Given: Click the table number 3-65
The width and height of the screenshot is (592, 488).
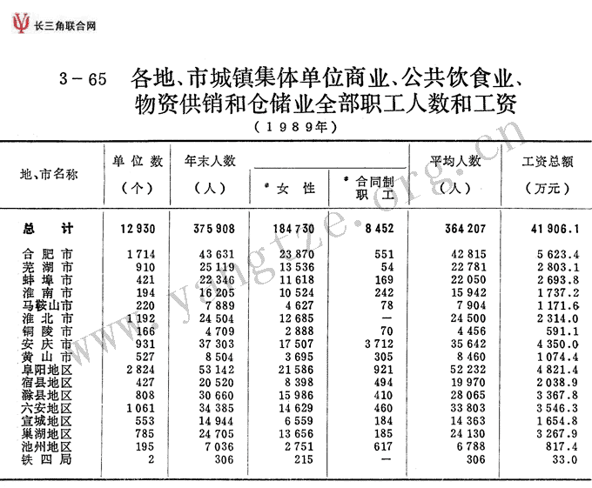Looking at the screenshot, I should click(84, 79).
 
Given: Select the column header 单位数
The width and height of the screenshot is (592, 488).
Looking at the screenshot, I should click(138, 161).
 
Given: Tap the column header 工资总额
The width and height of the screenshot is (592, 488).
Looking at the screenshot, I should click(547, 162).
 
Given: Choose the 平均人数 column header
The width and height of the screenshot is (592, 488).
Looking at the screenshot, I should click(455, 162).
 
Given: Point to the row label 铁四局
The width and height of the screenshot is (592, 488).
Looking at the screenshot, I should click(48, 459).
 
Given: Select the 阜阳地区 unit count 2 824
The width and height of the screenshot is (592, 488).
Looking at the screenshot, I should click(139, 369).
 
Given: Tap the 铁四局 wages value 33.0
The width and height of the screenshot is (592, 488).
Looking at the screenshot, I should click(562, 459).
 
